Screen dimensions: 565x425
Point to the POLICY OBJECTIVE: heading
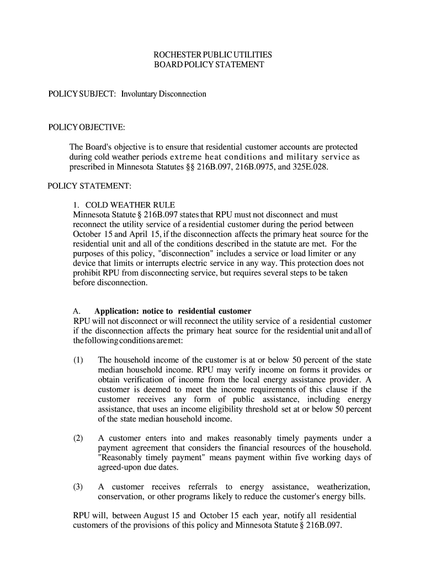point(87,128)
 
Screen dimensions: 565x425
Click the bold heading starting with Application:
point(173,311)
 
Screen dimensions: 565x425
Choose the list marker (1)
point(78,360)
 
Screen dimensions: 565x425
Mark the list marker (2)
point(78,438)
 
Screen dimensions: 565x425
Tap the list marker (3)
point(78,487)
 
